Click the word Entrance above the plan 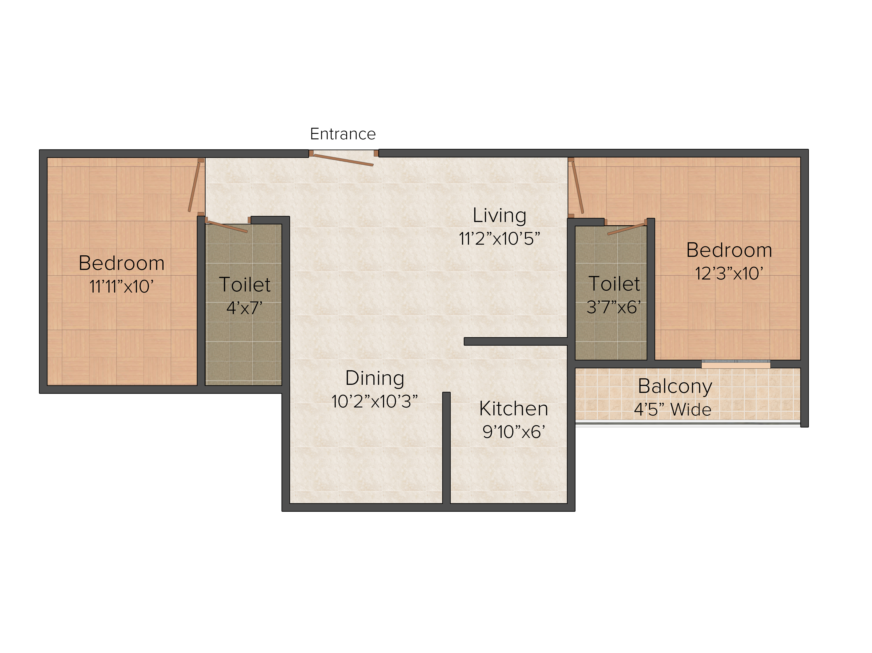click(x=342, y=134)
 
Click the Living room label click(x=499, y=216)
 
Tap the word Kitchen click(x=514, y=409)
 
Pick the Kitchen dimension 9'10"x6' click(x=514, y=432)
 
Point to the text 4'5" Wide click(x=673, y=409)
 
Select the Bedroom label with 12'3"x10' click(x=729, y=250)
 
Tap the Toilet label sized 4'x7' click(x=245, y=284)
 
